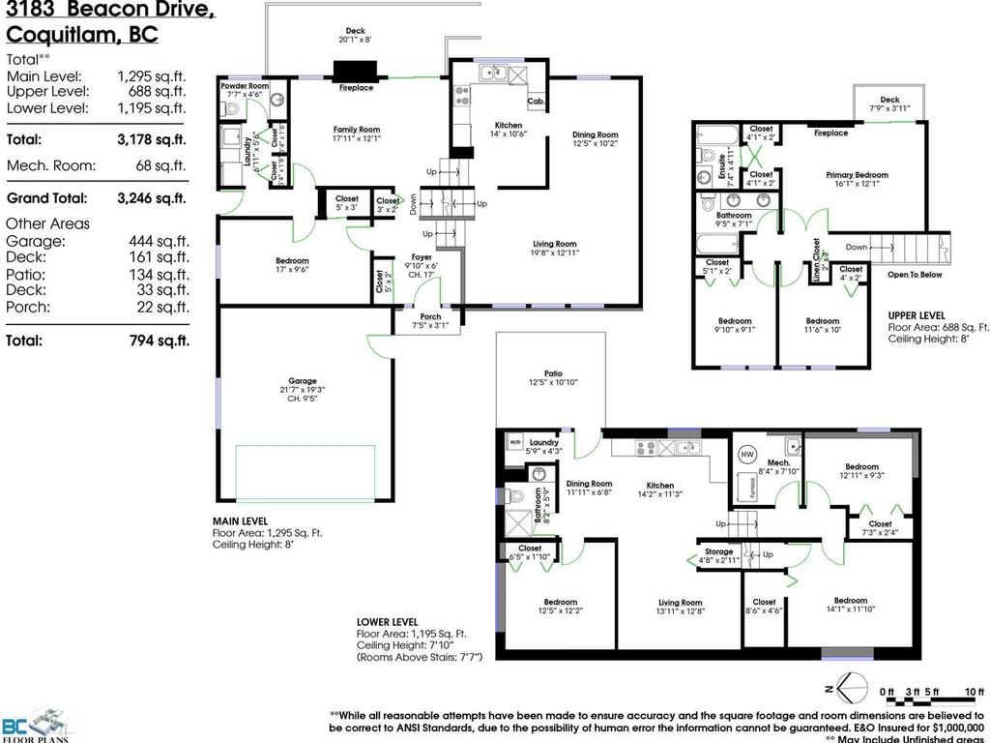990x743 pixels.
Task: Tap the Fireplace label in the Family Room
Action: (x=356, y=88)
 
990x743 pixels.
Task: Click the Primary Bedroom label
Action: (x=856, y=175)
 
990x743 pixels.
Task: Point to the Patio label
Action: (x=553, y=373)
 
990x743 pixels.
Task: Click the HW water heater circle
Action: (x=746, y=454)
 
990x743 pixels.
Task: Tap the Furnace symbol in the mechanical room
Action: (x=747, y=488)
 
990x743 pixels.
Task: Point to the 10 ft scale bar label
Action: (x=974, y=691)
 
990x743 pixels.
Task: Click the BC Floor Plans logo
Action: (x=34, y=723)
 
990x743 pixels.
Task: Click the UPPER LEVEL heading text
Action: (x=917, y=315)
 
